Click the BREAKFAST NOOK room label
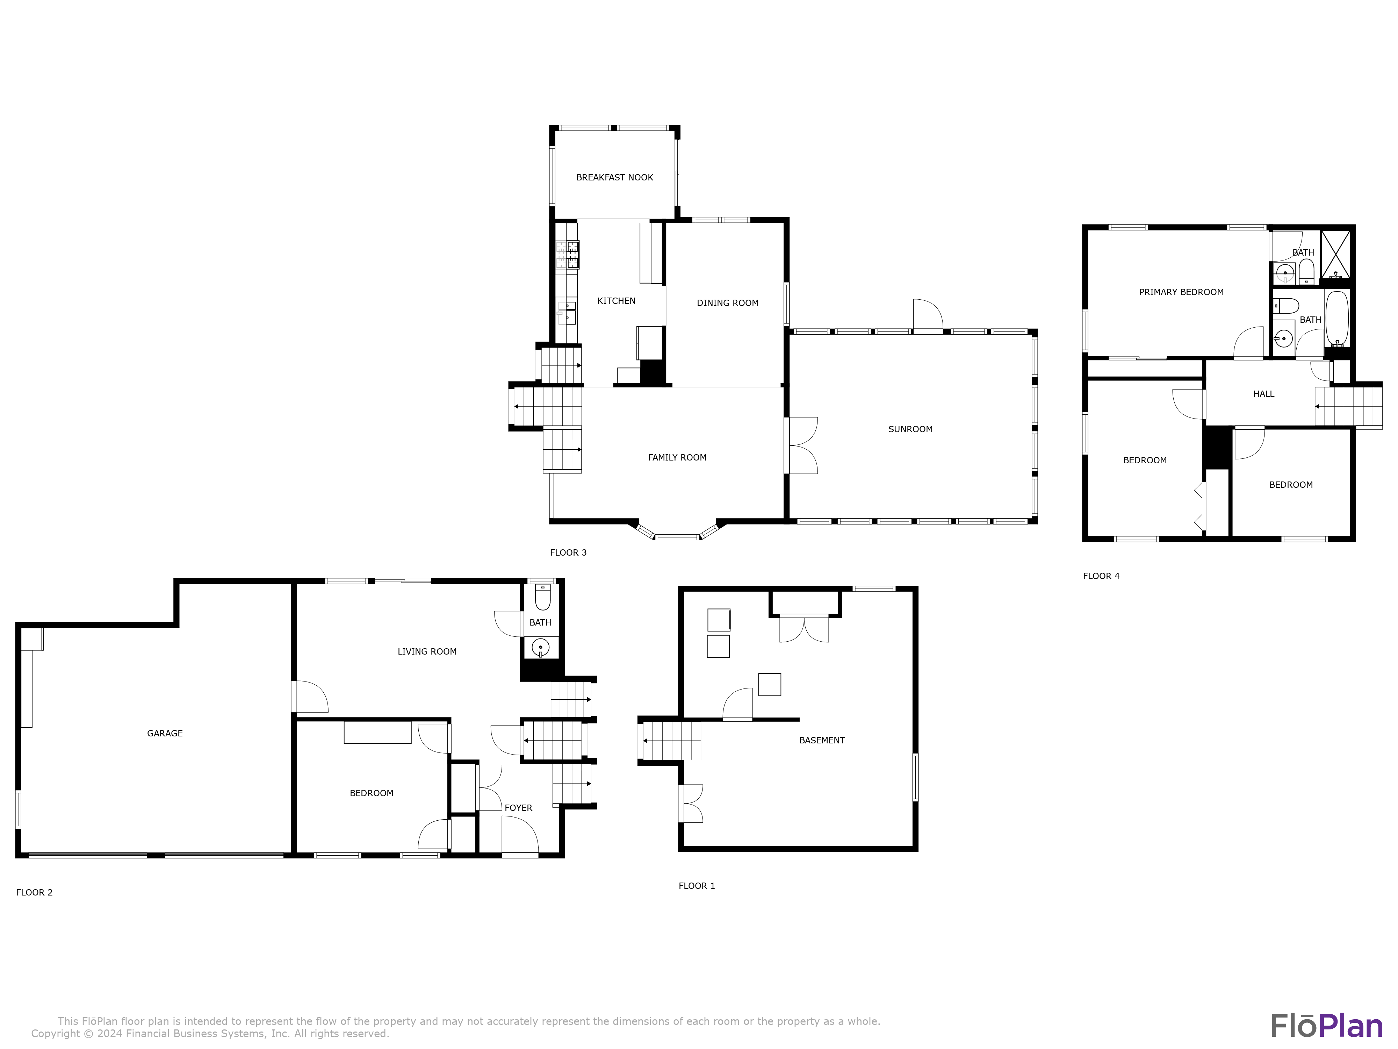coord(614,178)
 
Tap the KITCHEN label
coord(616,301)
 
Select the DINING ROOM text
coord(727,303)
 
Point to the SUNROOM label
coord(910,429)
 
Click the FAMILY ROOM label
coord(677,457)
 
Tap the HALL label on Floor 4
coord(1263,394)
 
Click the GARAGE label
coord(165,734)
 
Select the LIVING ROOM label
coord(427,651)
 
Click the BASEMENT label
coord(822,741)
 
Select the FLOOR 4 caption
coord(1101,576)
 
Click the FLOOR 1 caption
coord(697,886)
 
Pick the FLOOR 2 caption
coord(34,892)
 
